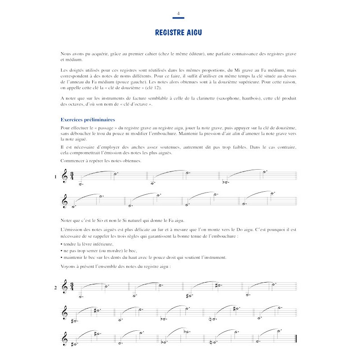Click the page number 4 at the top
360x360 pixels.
tap(179, 14)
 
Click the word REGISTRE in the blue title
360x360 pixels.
tap(170, 32)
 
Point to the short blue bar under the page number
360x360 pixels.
tap(179, 19)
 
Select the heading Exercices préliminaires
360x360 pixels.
tap(88, 120)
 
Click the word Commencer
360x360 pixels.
tap(72, 161)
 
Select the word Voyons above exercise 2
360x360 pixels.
tap(68, 267)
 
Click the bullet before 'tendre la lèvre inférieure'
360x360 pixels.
tap(60, 244)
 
